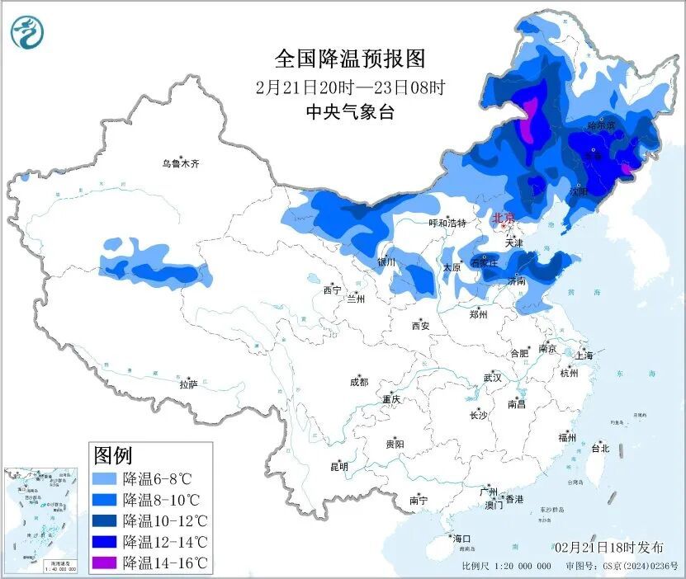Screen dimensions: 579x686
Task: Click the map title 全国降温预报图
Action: click(x=349, y=59)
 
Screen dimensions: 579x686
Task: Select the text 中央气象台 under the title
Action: click(x=350, y=112)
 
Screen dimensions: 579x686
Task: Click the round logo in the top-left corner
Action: click(x=26, y=32)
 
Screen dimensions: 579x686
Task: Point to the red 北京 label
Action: click(x=503, y=219)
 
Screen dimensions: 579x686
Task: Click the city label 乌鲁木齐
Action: click(x=181, y=164)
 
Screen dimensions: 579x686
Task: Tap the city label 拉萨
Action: click(x=188, y=384)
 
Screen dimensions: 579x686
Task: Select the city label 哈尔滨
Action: click(x=601, y=125)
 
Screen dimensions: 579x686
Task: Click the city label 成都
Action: click(x=359, y=382)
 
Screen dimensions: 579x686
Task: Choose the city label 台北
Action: click(x=600, y=449)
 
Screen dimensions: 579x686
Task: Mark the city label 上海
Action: click(x=584, y=355)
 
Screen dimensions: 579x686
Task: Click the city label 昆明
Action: click(x=339, y=467)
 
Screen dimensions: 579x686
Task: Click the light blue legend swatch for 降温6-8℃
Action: click(x=104, y=478)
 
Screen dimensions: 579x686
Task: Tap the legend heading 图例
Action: click(x=113, y=454)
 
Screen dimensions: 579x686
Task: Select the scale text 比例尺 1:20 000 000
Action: click(x=506, y=567)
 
